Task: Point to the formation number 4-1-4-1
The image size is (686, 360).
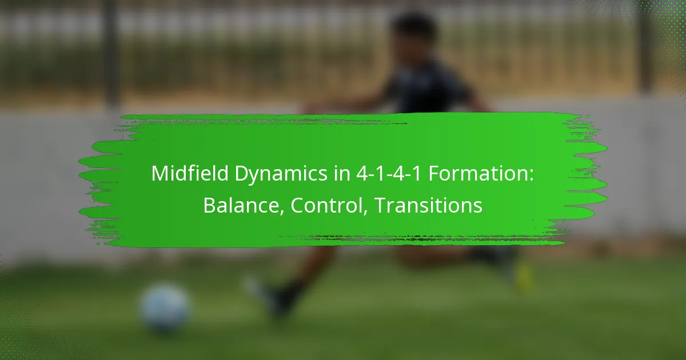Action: (389, 174)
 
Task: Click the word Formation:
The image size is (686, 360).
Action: (481, 173)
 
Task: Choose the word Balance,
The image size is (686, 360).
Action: (244, 206)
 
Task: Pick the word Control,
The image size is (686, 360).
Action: (329, 206)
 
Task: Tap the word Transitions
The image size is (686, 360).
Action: (428, 205)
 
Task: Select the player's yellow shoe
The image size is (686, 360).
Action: (524, 277)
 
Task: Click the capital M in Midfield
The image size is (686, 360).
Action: (160, 174)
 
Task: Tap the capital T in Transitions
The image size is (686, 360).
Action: (382, 205)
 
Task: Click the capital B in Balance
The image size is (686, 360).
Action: (210, 205)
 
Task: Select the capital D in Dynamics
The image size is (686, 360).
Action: (242, 174)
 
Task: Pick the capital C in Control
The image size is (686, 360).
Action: (297, 206)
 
